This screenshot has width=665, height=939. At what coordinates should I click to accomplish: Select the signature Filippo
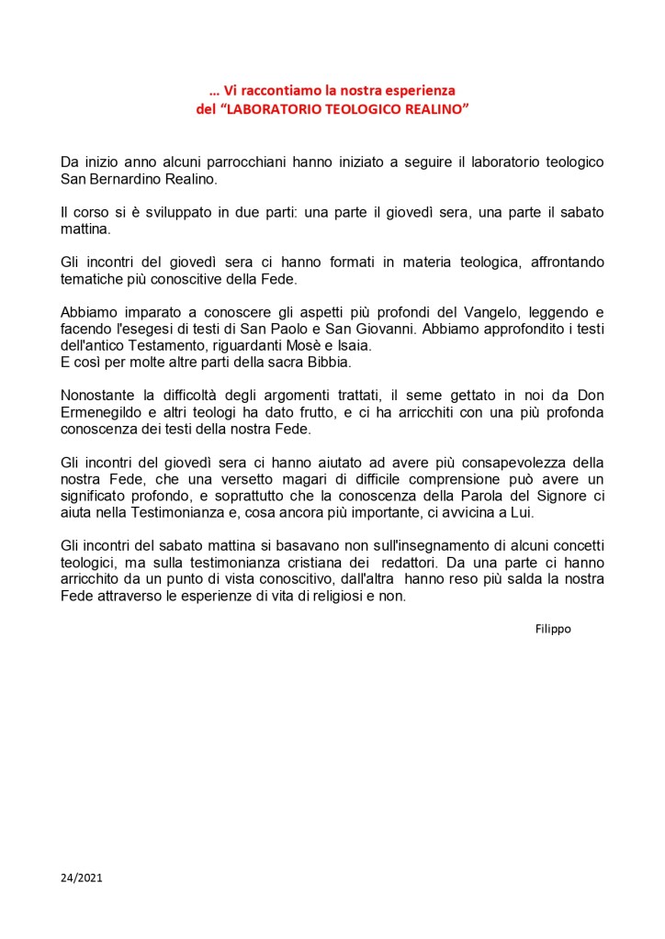pos(553,629)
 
